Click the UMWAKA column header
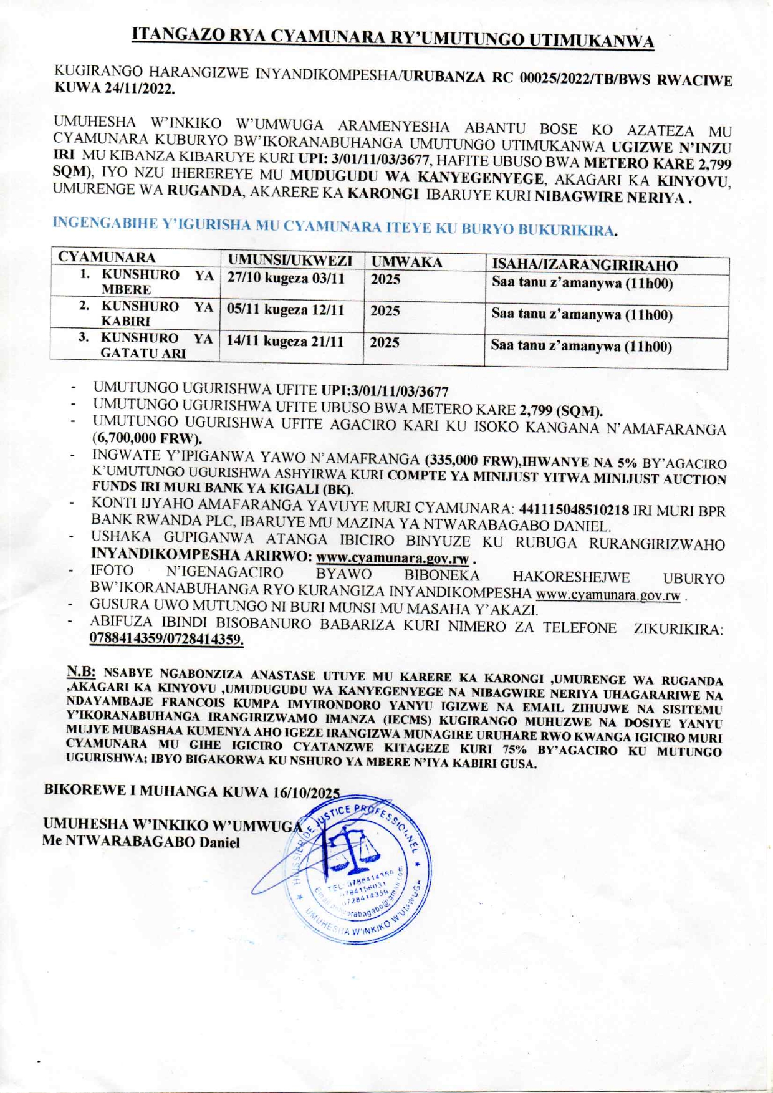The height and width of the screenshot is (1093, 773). tap(406, 262)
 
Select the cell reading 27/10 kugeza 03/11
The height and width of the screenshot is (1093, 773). tap(286, 278)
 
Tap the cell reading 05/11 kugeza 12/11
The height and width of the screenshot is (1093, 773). tap(285, 310)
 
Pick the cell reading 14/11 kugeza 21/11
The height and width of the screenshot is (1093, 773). tap(285, 342)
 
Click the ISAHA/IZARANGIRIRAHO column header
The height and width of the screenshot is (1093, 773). tap(585, 265)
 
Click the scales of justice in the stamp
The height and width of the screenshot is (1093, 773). tap(353, 848)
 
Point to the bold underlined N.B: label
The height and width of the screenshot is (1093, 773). tap(81, 672)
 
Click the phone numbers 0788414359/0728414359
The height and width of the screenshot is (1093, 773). tap(166, 638)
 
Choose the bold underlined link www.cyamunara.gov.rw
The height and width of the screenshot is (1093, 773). tap(392, 557)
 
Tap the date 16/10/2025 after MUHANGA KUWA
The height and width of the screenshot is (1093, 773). tap(306, 792)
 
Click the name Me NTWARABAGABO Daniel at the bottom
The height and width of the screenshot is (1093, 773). tap(141, 842)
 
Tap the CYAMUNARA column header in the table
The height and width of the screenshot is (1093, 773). tap(107, 257)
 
